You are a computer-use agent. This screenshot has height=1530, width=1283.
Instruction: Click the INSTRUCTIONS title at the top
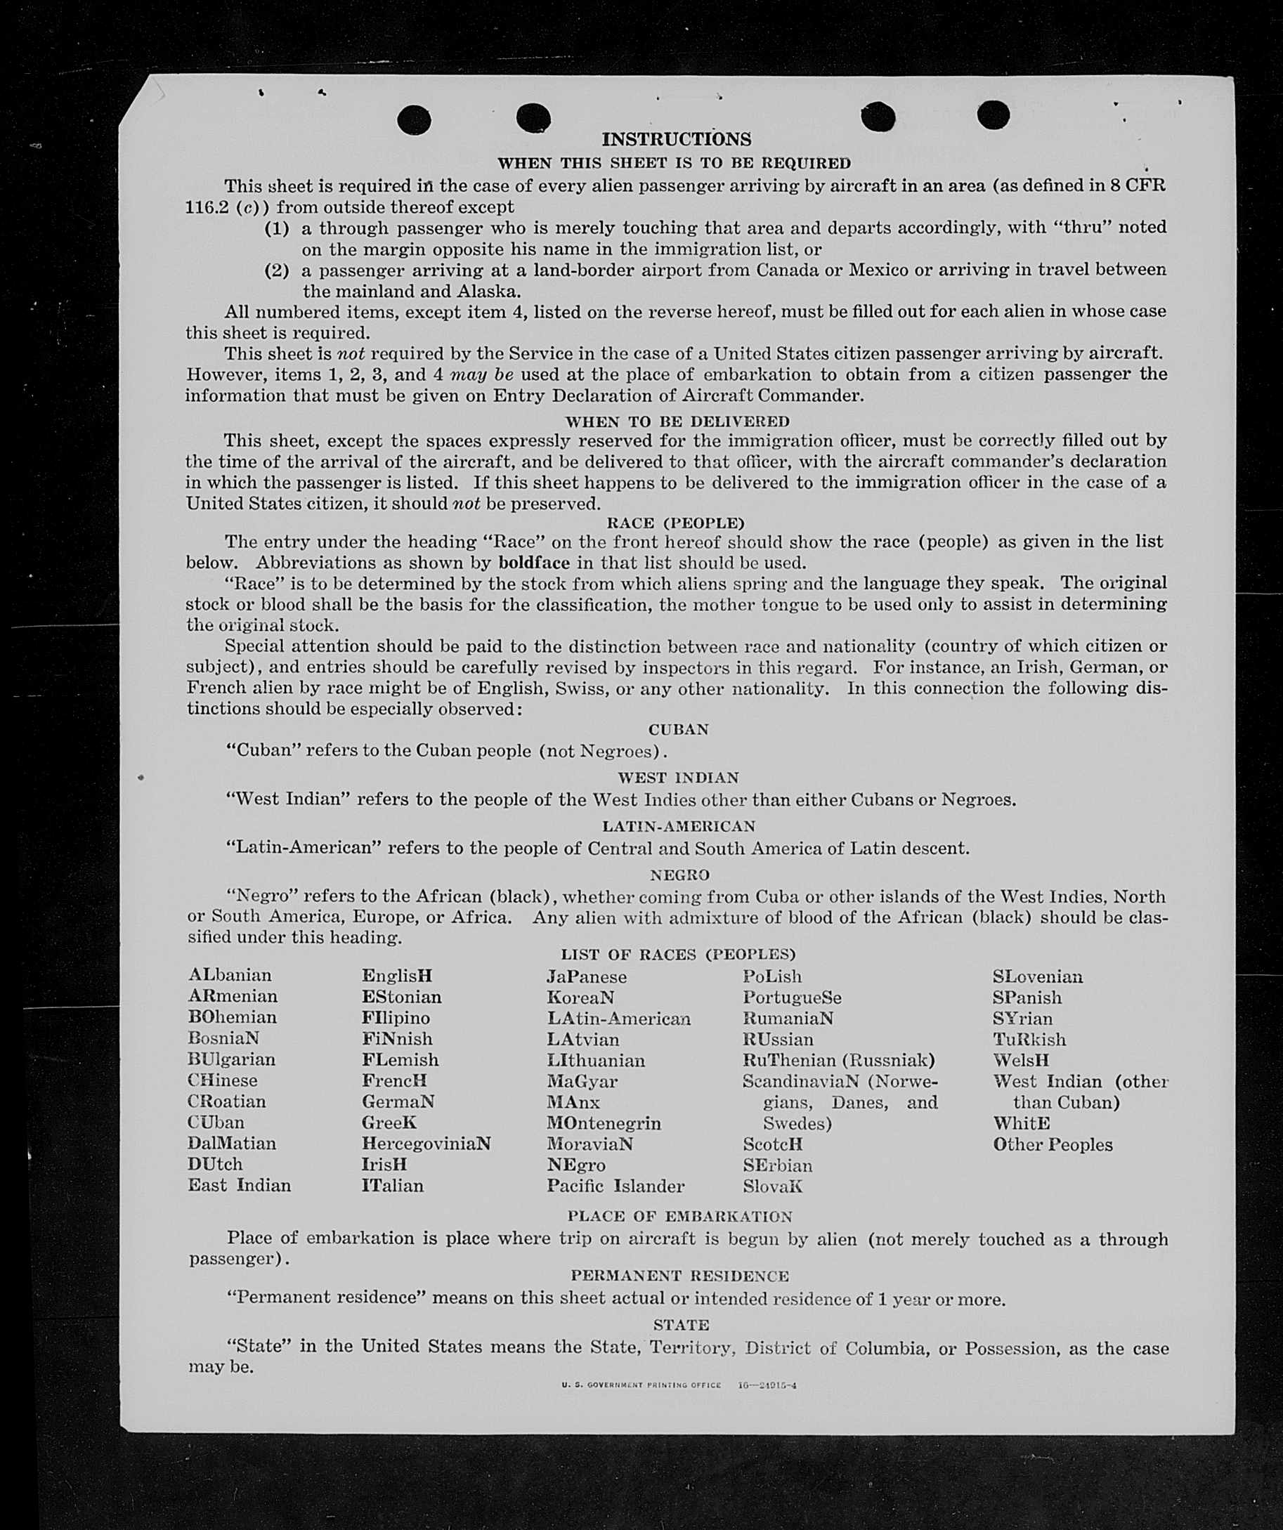coord(676,139)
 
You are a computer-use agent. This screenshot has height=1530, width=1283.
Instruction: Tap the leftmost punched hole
coord(414,119)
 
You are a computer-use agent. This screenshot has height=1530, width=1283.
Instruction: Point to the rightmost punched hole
coord(993,115)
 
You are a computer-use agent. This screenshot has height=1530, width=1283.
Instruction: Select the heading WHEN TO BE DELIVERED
coord(677,421)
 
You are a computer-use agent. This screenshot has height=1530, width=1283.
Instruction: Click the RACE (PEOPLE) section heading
coord(675,523)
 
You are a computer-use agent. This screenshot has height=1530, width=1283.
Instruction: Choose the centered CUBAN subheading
coord(678,729)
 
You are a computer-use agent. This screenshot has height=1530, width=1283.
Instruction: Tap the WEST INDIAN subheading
coord(678,778)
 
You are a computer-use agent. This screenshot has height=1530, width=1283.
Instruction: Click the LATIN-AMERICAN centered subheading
coord(678,826)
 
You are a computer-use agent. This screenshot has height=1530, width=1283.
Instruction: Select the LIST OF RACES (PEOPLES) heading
coord(677,955)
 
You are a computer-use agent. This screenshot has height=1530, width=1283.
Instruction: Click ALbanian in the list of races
coord(230,975)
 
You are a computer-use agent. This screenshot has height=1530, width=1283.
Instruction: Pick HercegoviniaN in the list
coord(426,1143)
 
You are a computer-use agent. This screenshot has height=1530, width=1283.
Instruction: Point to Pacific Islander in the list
coord(616,1186)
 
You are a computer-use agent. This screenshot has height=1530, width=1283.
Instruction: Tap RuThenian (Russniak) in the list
coord(838,1059)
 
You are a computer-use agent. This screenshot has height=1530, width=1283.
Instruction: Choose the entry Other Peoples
coord(1052,1144)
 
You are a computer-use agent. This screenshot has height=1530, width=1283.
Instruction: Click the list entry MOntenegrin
coord(604,1123)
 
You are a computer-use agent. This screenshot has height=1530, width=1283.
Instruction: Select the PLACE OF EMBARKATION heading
coord(679,1216)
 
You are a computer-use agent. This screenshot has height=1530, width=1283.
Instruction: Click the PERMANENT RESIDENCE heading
coord(679,1276)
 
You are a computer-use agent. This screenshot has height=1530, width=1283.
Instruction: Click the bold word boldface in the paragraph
coord(534,563)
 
